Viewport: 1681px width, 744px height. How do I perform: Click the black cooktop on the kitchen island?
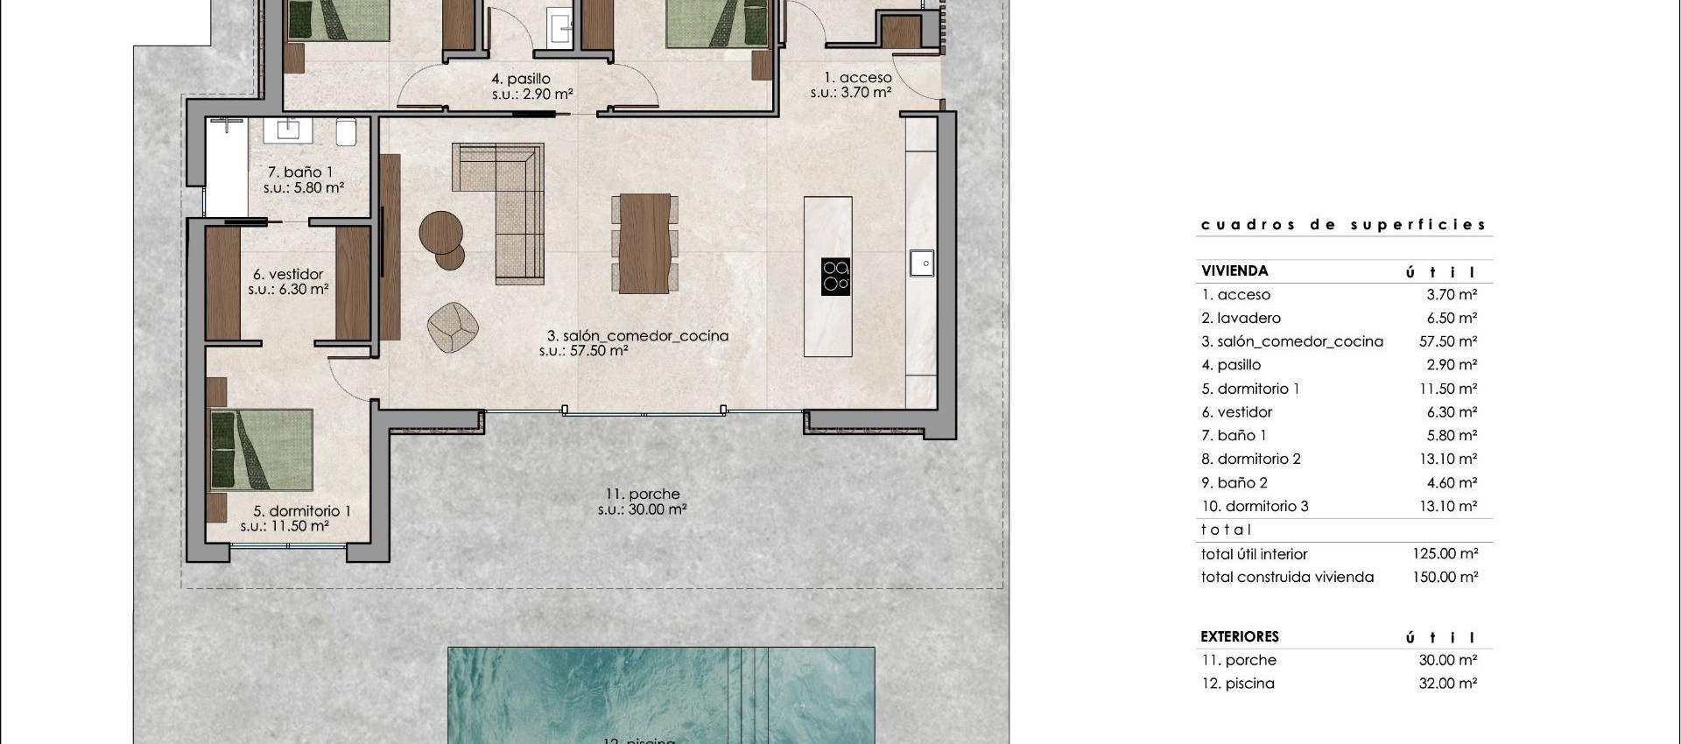tap(835, 276)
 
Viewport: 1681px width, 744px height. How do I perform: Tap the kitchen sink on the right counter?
tap(921, 263)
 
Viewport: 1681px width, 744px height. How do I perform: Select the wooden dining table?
tap(644, 243)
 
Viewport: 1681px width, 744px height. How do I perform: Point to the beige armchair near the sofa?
tap(453, 327)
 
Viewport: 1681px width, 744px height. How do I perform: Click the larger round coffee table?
tap(440, 232)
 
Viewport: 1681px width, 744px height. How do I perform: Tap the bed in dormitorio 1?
tap(262, 449)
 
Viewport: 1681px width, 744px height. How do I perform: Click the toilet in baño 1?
tap(346, 131)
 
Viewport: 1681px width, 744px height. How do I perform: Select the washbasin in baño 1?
tap(288, 130)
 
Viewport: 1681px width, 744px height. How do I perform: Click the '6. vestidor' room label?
tap(288, 274)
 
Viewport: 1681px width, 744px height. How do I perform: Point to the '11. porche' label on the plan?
tap(643, 494)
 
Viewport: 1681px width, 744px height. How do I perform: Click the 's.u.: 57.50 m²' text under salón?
tap(583, 351)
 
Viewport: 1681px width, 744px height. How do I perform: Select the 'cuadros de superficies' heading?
tap(1343, 225)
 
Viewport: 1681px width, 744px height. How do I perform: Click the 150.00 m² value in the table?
tap(1445, 577)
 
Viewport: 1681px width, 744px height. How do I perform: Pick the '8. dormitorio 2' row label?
tap(1251, 459)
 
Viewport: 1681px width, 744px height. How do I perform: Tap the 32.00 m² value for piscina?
tap(1448, 684)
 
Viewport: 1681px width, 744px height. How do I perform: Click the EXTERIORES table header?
tap(1240, 636)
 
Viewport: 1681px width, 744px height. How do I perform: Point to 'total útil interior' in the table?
tap(1254, 554)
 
